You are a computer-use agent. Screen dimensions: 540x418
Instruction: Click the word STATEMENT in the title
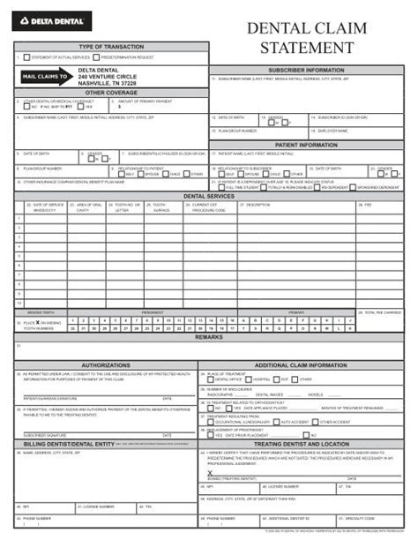pos(307,47)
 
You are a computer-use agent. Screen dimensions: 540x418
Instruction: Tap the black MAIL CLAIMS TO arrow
pos(44,77)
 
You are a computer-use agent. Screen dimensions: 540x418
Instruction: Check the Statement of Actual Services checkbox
pos(18,57)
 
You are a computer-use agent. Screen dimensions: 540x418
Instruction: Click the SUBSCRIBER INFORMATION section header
pos(306,69)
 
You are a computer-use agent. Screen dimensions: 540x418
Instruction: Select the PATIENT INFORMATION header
pos(306,145)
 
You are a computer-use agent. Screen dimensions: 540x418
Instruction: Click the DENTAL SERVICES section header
pos(209,196)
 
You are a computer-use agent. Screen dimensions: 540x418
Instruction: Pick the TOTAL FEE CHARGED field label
pos(382,311)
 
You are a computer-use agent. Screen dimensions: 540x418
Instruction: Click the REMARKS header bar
pos(209,337)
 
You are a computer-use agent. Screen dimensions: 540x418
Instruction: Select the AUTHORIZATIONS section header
pos(106,364)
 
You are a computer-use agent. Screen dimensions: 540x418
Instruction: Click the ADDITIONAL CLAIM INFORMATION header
pos(301,364)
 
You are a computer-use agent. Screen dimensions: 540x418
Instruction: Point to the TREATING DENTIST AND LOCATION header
pos(301,443)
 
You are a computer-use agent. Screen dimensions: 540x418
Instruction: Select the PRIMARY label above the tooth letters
pos(296,311)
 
